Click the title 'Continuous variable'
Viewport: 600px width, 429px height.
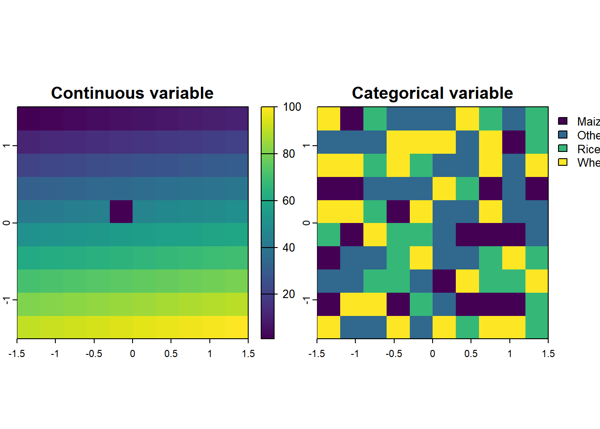tap(132, 93)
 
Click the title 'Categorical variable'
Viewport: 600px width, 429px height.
tap(432, 93)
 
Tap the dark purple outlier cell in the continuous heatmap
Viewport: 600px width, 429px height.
tap(121, 211)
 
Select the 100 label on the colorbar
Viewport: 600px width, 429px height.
tap(292, 107)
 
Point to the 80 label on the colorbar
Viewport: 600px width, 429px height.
tap(289, 154)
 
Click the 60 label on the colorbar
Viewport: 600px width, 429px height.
tap(289, 201)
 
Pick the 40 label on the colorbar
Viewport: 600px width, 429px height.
tap(289, 248)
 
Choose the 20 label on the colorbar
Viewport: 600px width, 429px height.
tap(289, 294)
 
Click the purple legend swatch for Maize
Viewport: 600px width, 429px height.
tap(562, 121)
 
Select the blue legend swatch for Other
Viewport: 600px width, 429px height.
tap(562, 135)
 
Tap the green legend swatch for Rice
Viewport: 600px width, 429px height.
tap(562, 148)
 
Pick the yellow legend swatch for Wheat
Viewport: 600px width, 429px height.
tap(562, 162)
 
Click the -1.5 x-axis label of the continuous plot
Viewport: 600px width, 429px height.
tap(17, 353)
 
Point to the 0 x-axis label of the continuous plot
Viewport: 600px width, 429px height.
tap(133, 353)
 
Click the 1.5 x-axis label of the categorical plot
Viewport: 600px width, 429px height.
tap(548, 353)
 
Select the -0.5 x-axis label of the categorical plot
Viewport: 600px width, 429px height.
tap(394, 353)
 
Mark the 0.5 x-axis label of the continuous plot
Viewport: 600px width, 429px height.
tap(171, 353)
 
